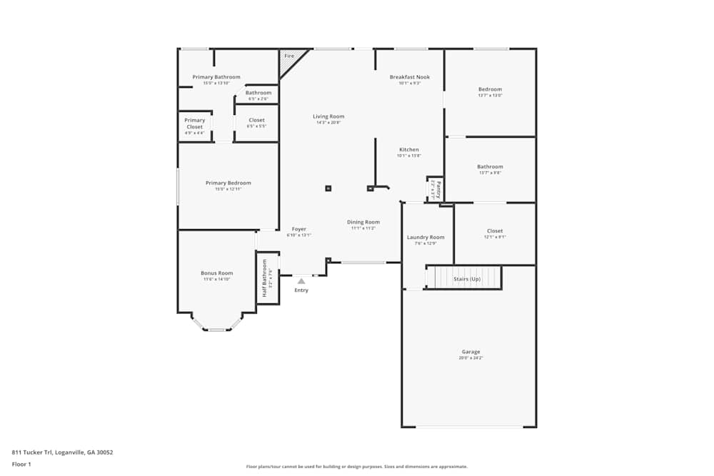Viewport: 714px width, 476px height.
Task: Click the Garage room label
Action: tap(471, 352)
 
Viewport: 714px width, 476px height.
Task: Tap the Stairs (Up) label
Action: tap(467, 279)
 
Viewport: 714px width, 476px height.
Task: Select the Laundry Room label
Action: tap(426, 237)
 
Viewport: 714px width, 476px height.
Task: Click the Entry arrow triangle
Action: tap(301, 282)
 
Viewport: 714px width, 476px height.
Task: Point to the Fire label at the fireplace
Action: tap(289, 56)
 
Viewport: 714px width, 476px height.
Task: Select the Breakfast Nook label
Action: tap(410, 77)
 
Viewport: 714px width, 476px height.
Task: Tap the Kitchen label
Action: tap(409, 150)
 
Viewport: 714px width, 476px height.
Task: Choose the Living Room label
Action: tap(328, 116)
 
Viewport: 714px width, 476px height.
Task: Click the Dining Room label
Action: tap(363, 222)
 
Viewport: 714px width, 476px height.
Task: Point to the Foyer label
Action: tap(298, 229)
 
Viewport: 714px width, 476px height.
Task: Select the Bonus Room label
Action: tap(216, 273)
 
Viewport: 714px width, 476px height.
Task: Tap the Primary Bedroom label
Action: tap(228, 183)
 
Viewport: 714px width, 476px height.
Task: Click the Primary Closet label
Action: tap(195, 123)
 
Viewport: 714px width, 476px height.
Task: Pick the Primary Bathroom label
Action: tap(216, 77)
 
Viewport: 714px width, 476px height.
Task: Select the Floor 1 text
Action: tap(21, 464)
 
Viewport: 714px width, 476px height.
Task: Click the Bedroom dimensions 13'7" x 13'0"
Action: tap(490, 96)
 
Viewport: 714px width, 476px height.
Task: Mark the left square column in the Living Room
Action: tap(328, 188)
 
